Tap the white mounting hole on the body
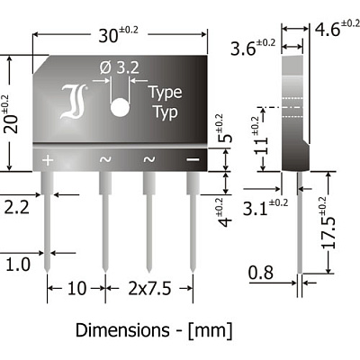click(120, 107)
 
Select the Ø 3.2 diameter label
click(120, 67)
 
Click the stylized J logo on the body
click(74, 102)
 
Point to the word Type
click(166, 93)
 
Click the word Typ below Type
click(166, 112)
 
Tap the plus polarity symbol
click(48, 160)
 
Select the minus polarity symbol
click(193, 159)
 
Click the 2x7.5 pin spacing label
click(149, 288)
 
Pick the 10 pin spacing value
click(76, 288)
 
